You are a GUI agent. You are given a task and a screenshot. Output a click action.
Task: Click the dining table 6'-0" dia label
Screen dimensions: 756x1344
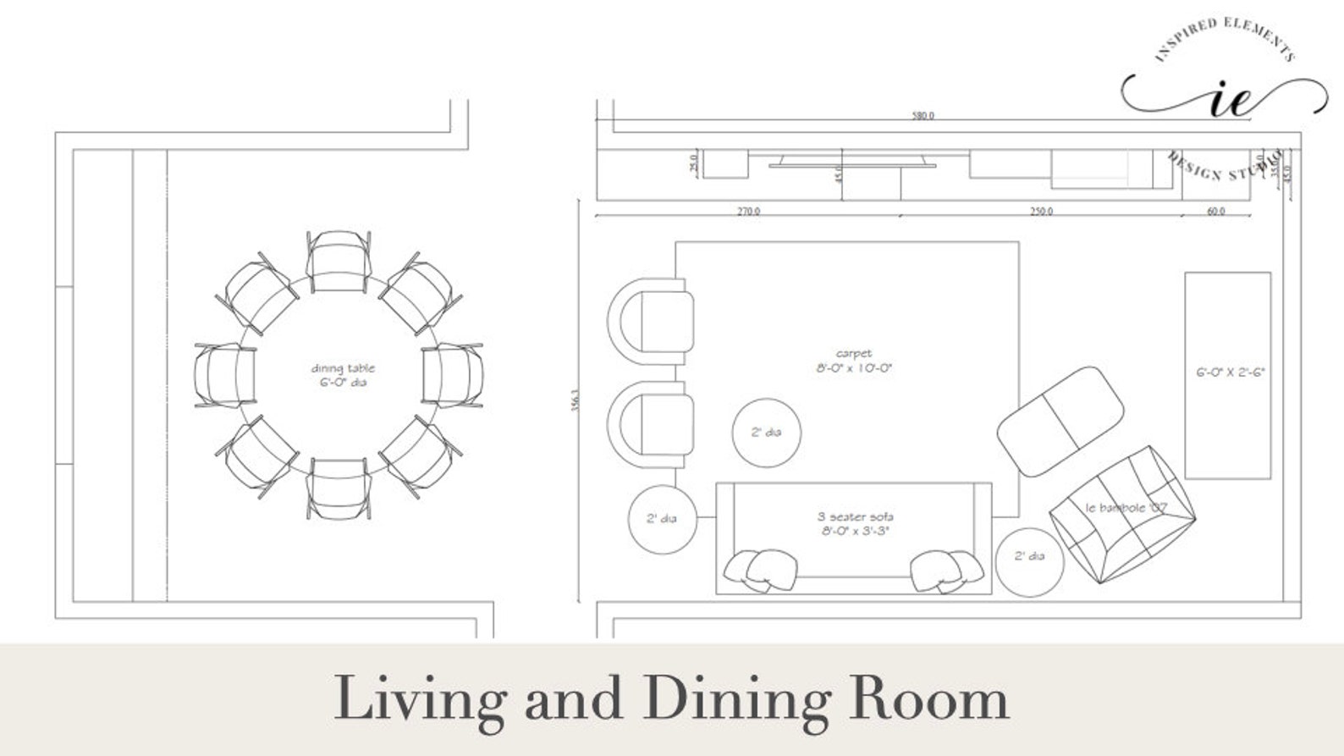pos(342,375)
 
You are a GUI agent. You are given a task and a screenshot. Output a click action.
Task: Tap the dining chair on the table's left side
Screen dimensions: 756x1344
pos(224,376)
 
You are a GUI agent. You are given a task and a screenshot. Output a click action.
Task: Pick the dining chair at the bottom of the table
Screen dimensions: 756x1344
pos(339,488)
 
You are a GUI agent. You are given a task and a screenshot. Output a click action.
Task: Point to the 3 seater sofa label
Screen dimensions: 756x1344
pos(855,523)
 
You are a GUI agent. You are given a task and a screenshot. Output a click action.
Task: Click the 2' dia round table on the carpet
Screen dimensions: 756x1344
pos(766,433)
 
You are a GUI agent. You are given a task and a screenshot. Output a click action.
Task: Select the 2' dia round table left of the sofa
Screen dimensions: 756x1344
pos(662,519)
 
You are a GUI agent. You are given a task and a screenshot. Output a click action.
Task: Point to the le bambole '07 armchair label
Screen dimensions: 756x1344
pos(1126,508)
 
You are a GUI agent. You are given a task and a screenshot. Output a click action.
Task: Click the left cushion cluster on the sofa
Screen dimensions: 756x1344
pos(762,570)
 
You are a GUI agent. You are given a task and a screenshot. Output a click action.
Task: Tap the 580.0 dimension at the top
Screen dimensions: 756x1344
pos(923,116)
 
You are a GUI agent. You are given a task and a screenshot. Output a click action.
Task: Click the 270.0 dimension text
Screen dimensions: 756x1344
pos(748,212)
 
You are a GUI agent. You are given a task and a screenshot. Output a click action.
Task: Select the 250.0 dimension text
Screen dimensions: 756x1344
pos(1041,212)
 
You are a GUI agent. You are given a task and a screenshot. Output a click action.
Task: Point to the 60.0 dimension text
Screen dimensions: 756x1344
pos(1215,212)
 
